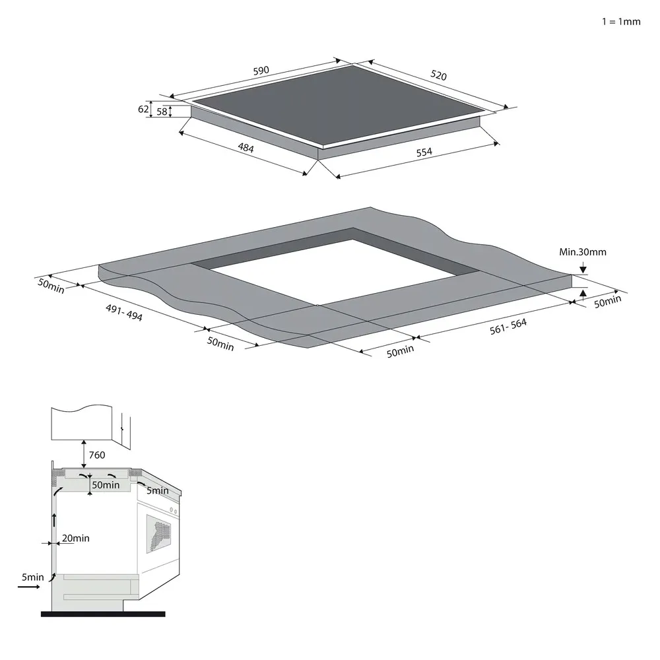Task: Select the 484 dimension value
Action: (246, 148)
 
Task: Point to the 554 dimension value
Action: (424, 152)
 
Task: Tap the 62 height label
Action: (143, 110)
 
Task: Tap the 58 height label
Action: (162, 112)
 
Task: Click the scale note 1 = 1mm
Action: (620, 21)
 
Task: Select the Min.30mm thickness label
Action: (582, 252)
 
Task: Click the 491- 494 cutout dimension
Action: (124, 312)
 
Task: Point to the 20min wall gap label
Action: (75, 539)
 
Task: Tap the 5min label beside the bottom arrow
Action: (32, 577)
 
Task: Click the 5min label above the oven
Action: (158, 490)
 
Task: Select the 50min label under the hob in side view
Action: (106, 485)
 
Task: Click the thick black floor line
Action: (102, 614)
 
